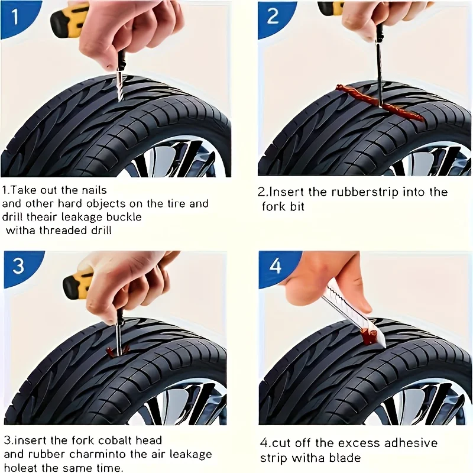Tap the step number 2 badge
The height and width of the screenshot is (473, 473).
click(x=273, y=15)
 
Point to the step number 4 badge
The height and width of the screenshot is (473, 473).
click(x=276, y=266)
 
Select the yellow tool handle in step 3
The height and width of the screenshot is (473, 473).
click(x=77, y=284)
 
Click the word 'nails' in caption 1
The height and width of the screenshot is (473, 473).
click(x=93, y=190)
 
